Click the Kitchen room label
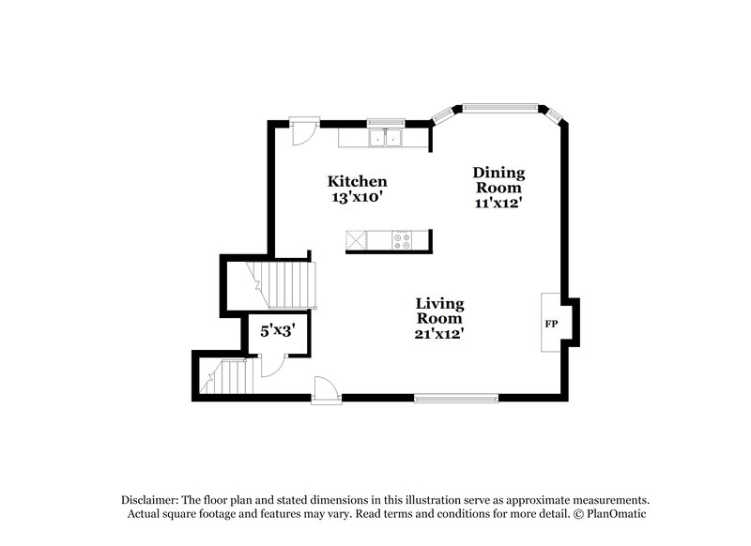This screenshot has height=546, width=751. tap(357, 181)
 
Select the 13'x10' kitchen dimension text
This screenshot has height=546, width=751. tap(357, 198)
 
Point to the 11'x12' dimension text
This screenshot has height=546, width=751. tap(498, 201)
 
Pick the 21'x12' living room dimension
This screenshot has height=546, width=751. tap(440, 332)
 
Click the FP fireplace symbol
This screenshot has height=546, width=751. tap(551, 323)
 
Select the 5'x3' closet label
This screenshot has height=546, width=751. tap(279, 330)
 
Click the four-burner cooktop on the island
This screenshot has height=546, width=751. tap(402, 239)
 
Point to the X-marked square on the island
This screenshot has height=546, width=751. tap(356, 239)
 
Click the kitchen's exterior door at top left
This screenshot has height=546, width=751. tap(302, 131)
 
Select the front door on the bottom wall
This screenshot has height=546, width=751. tap(323, 389)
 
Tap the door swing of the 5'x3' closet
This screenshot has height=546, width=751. tap(268, 365)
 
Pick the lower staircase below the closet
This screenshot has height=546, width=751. tap(228, 378)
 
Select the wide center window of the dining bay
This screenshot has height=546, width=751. tap(499, 106)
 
